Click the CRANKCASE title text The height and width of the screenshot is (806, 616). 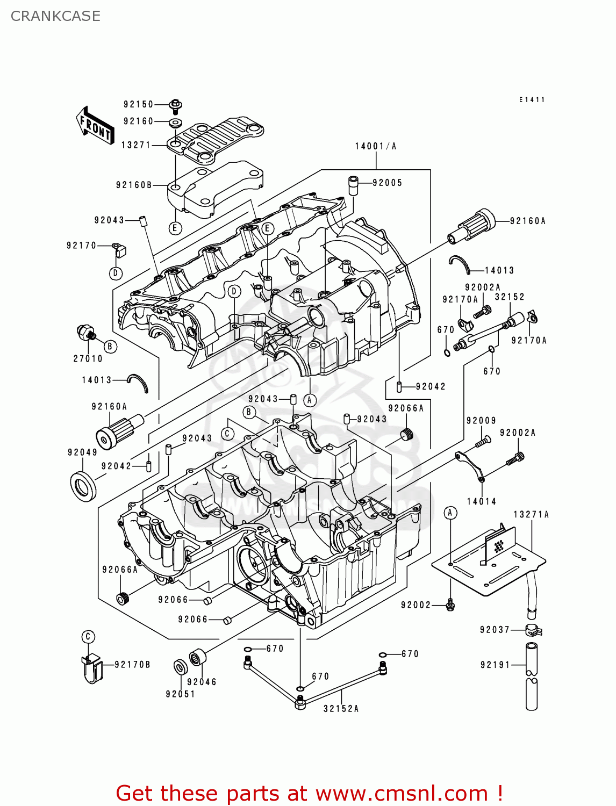click(x=55, y=16)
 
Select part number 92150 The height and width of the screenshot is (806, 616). click(x=138, y=104)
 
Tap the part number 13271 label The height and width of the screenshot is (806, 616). click(x=136, y=145)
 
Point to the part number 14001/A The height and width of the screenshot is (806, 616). click(x=375, y=146)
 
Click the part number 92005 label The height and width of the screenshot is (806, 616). click(x=387, y=183)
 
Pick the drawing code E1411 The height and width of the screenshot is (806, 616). click(x=532, y=100)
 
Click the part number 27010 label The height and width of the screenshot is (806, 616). click(x=88, y=358)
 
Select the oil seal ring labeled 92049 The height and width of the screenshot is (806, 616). click(x=83, y=486)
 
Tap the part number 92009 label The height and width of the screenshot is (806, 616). click(x=481, y=421)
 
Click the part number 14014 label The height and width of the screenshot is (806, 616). click(x=481, y=501)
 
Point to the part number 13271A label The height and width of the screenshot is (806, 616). click(x=531, y=514)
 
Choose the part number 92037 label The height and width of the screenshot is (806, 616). click(x=495, y=630)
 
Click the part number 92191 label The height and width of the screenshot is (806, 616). click(x=495, y=665)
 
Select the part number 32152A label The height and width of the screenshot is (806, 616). click(x=341, y=709)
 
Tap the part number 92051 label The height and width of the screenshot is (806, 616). click(x=180, y=694)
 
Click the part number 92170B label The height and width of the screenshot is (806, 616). click(x=132, y=665)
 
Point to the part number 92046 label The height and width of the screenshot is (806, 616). click(x=202, y=682)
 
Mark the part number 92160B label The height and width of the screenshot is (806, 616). click(x=134, y=185)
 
